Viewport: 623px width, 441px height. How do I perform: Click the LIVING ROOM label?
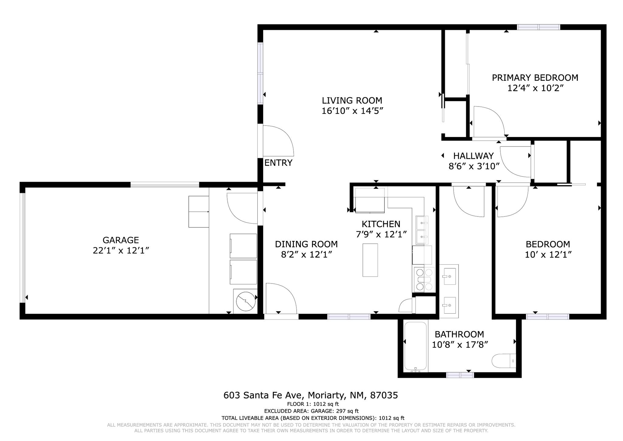pyautogui.click(x=352, y=100)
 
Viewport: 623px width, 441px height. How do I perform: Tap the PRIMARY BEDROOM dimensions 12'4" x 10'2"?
pyautogui.click(x=535, y=88)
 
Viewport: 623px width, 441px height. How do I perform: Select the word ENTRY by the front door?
pyautogui.click(x=278, y=163)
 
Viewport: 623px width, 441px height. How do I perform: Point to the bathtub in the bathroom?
pyautogui.click(x=415, y=346)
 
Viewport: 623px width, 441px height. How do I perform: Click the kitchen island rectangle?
pyautogui.click(x=370, y=260)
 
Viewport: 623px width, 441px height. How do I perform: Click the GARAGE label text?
pyautogui.click(x=121, y=240)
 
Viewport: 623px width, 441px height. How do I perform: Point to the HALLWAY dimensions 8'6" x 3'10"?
pyautogui.click(x=474, y=166)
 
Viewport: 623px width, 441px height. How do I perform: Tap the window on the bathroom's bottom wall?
pyautogui.click(x=460, y=375)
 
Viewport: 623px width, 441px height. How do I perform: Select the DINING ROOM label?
pyautogui.click(x=306, y=244)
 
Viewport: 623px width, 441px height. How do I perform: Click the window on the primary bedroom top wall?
pyautogui.click(x=538, y=27)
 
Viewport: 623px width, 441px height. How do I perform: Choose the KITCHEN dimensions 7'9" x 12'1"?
pyautogui.click(x=381, y=235)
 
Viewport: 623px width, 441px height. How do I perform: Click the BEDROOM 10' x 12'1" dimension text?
pyautogui.click(x=548, y=255)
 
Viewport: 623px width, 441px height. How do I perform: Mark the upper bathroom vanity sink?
pyautogui.click(x=449, y=276)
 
